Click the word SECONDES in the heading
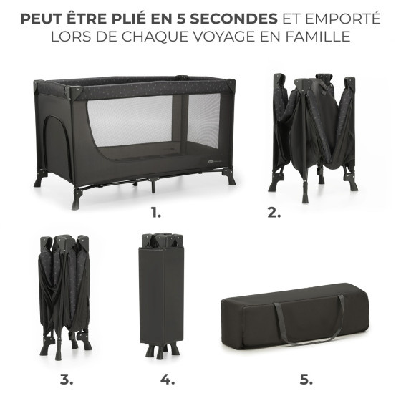point(233,19)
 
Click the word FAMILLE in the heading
point(318,37)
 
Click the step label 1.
point(156,213)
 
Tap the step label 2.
point(274,213)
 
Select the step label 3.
point(67,380)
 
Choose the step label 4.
point(168,380)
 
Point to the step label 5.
point(306,380)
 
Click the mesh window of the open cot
point(153,120)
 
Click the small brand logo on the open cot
point(213,161)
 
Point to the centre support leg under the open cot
point(153,185)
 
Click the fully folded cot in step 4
point(161,294)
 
